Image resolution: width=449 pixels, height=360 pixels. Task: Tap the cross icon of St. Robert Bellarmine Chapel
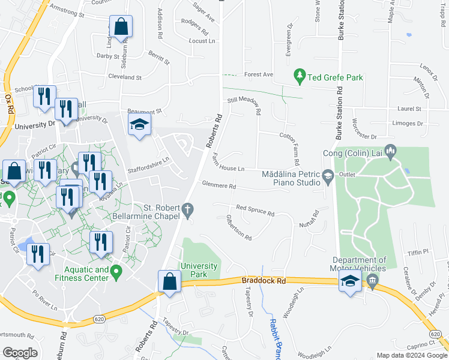[x=188, y=210]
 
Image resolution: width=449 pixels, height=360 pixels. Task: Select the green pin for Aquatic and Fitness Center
[x=118, y=272]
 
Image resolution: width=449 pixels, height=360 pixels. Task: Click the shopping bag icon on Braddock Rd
[x=170, y=281]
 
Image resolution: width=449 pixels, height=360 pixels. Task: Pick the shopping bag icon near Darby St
[x=121, y=27]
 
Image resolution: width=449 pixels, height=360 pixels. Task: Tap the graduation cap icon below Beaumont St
[x=139, y=124]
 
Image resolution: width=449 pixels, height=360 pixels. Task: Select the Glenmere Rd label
[x=218, y=185]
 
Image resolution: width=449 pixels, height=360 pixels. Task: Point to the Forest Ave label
[x=258, y=75]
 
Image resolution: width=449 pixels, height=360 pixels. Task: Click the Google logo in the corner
[x=20, y=353]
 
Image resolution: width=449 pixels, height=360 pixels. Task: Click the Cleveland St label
[x=125, y=77]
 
